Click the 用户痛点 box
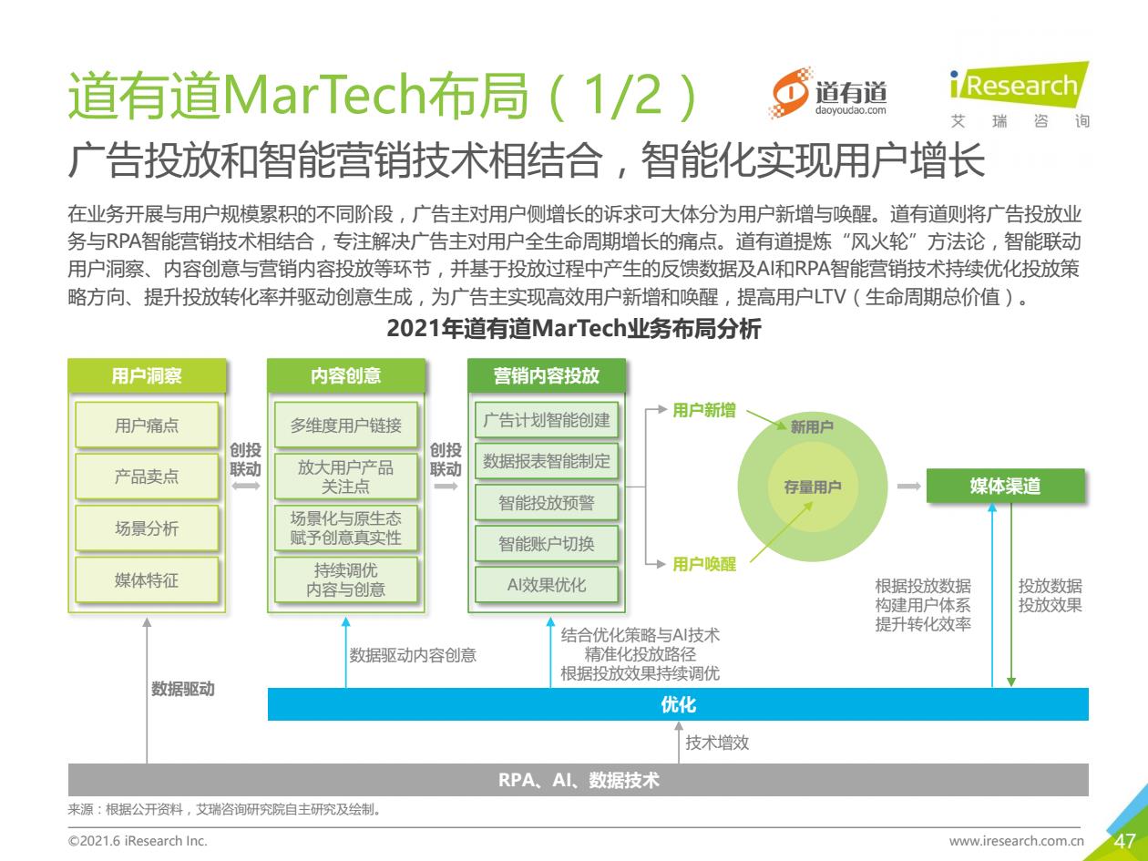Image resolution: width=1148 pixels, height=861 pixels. point(147,425)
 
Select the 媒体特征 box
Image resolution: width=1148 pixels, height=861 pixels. point(147,579)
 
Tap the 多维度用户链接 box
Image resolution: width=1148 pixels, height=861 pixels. point(345,425)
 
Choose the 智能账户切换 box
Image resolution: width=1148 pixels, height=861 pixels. point(547,544)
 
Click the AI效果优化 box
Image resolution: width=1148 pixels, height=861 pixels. point(547,585)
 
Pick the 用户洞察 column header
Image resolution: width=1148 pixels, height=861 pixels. point(147,375)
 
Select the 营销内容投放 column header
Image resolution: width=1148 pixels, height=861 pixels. point(547,375)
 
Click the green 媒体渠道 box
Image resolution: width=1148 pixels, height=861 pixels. point(1005,486)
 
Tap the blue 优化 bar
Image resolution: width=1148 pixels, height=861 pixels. point(678,704)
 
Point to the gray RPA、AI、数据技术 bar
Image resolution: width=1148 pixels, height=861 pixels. point(579,780)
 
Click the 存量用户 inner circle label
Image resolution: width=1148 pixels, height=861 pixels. point(812,487)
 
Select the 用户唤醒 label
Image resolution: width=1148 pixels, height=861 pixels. point(704,564)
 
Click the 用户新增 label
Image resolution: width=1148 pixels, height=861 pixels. point(704,410)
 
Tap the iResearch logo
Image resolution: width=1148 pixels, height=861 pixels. point(1020,95)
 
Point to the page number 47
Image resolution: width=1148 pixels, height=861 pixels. point(1124,841)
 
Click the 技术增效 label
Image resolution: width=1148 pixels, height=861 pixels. point(717,743)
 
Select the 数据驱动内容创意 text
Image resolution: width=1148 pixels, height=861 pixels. point(413,655)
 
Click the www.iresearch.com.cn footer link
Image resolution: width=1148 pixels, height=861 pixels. point(1017,841)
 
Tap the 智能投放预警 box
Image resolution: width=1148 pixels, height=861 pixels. point(547,503)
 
